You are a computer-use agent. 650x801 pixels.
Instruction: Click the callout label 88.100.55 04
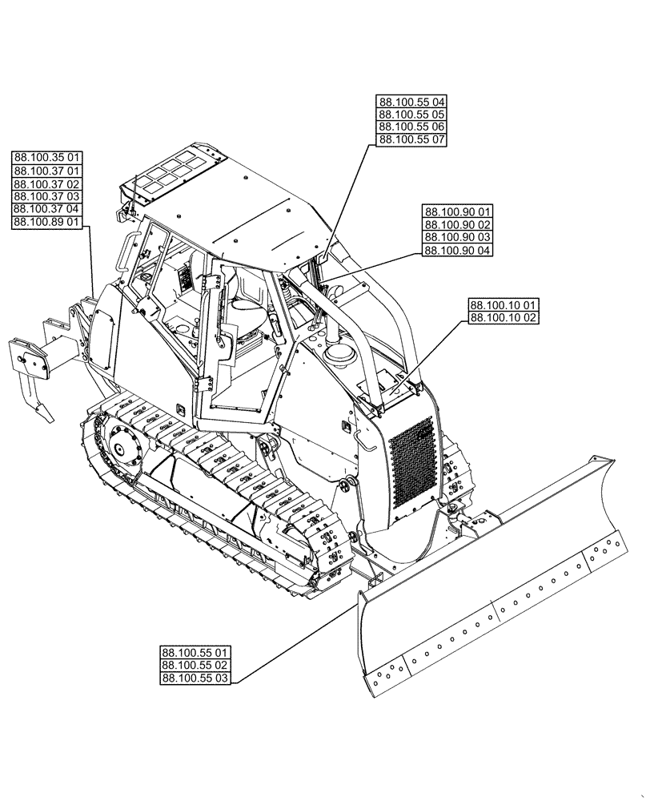point(411,102)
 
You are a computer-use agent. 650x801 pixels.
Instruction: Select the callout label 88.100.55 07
point(411,140)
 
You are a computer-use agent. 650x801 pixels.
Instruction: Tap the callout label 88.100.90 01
point(458,211)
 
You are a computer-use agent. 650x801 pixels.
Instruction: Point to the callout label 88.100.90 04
point(458,250)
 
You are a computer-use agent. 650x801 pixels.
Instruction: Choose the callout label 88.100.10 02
point(504,318)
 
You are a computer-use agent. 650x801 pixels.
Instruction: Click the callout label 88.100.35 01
point(46,158)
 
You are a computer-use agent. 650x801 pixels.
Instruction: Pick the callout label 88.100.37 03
point(46,196)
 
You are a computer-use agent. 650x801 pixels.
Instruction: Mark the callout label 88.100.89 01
point(46,222)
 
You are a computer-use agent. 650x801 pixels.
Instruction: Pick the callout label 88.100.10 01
point(504,305)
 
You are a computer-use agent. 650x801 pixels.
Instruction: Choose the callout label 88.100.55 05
point(411,115)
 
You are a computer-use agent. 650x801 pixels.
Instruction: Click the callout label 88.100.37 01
point(46,171)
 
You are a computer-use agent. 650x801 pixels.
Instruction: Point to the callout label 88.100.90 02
point(458,224)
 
